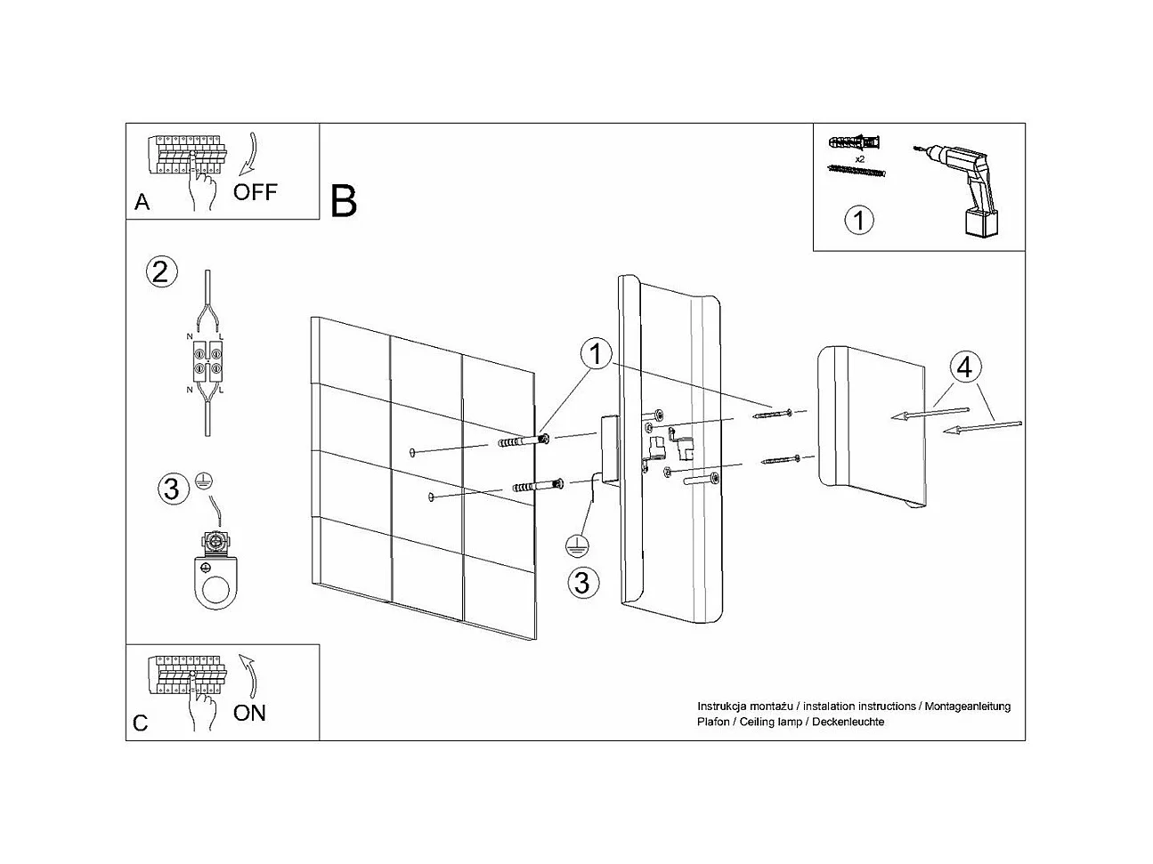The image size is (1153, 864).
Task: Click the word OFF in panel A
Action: (x=256, y=191)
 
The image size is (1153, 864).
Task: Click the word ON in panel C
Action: (x=249, y=712)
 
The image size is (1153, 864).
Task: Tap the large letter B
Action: (x=344, y=201)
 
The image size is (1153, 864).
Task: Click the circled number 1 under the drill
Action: (x=858, y=220)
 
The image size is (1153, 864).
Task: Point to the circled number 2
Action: (x=160, y=271)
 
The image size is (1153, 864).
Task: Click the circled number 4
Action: (x=965, y=367)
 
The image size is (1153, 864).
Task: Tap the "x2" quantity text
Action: (x=859, y=157)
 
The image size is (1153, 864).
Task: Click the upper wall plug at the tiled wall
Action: (x=526, y=441)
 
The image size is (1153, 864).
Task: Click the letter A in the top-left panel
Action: (x=142, y=203)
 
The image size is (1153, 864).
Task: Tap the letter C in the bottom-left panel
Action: (x=141, y=723)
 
